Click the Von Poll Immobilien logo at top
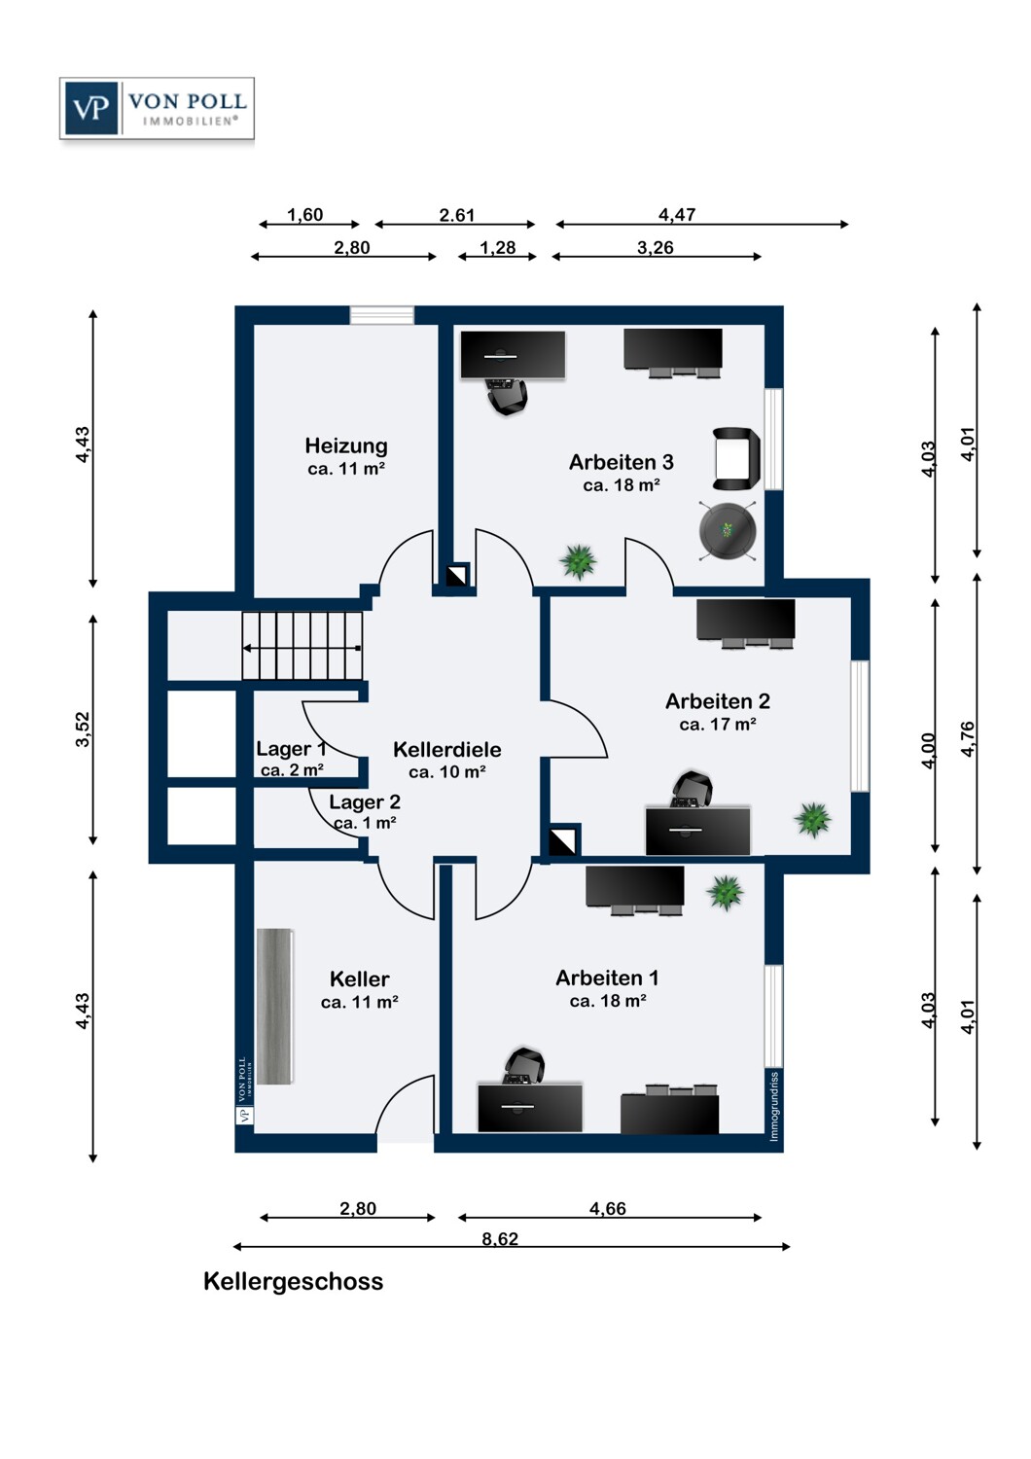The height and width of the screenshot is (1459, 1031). point(157,108)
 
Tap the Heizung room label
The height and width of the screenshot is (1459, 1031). point(346,446)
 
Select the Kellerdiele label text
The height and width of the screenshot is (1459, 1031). point(447,750)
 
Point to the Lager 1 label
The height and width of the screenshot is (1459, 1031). point(291,749)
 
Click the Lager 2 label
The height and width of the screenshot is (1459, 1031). point(365,801)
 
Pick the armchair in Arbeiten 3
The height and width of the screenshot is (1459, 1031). point(736,458)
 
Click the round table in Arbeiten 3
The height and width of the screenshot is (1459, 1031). point(728,530)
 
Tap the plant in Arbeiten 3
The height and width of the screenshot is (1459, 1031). point(578,561)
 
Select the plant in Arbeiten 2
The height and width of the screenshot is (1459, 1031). point(813,819)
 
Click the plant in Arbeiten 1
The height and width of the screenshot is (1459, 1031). point(726,892)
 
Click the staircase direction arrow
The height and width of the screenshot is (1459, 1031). point(302,648)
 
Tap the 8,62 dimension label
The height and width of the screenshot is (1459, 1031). point(500,1238)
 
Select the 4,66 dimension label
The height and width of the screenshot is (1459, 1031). point(608,1208)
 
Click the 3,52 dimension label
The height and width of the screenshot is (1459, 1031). point(83,730)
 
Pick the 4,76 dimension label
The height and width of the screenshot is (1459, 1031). point(968,739)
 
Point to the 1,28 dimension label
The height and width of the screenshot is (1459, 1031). point(498,247)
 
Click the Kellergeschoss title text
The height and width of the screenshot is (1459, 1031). point(293,1281)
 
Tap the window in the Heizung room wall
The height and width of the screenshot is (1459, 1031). point(381,315)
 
